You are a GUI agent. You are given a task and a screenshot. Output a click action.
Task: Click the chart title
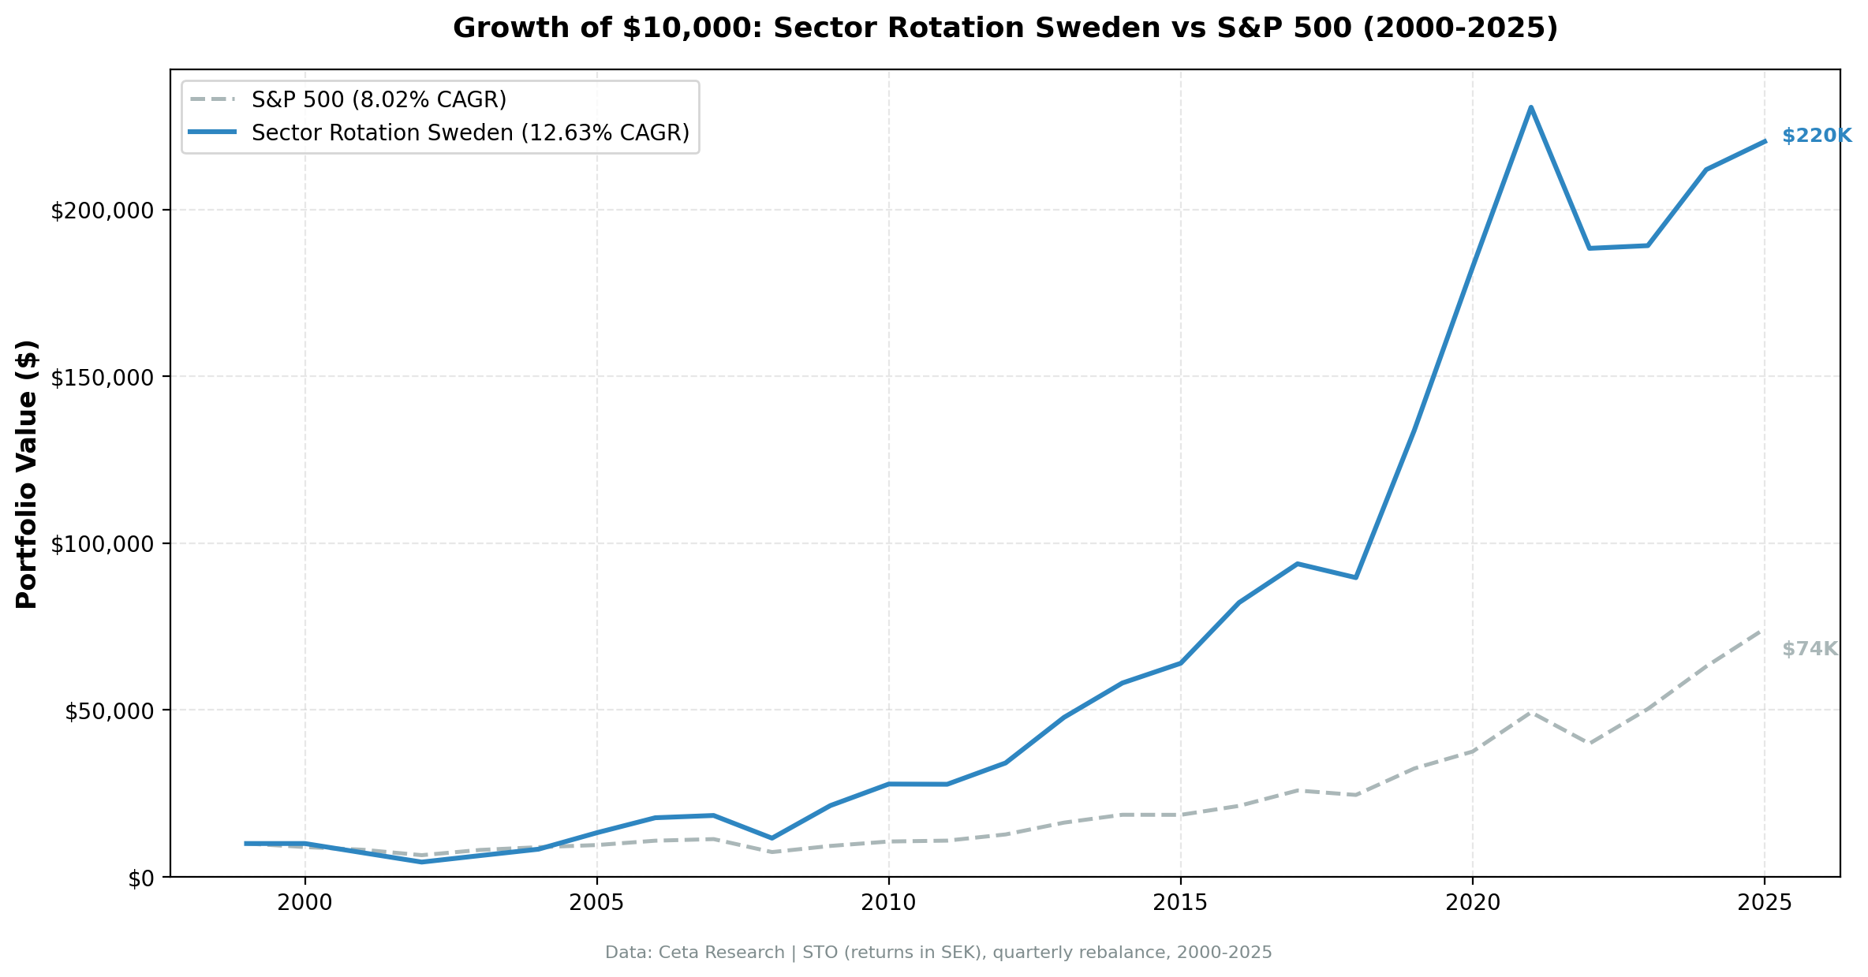pos(1005,28)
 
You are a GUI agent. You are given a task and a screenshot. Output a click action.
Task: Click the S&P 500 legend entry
pos(379,100)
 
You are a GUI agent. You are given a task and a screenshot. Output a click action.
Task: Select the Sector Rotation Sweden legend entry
pos(470,133)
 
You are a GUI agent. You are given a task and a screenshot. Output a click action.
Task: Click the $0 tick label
pos(143,878)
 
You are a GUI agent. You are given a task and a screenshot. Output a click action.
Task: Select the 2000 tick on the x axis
pos(305,903)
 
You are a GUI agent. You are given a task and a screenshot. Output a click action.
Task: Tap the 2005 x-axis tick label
pos(597,903)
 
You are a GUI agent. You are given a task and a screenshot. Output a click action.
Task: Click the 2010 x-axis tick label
pos(889,903)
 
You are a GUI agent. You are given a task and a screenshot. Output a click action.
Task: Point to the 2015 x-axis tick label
pos(1181,903)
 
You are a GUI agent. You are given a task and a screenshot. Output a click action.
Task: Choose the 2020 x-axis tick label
pos(1473,903)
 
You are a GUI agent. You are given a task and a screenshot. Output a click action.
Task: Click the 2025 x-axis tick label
pos(1765,903)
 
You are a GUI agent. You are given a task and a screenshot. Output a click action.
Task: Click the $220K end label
pos(1816,136)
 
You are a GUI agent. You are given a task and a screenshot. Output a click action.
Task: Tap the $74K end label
pos(1810,649)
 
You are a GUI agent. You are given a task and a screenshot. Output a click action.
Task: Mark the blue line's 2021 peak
pos(1530,107)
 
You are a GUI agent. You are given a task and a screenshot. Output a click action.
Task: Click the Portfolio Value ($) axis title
pos(28,474)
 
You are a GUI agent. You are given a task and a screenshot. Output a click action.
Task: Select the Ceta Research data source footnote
pos(938,953)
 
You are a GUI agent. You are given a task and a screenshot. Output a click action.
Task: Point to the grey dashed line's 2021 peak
pos(1530,712)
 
